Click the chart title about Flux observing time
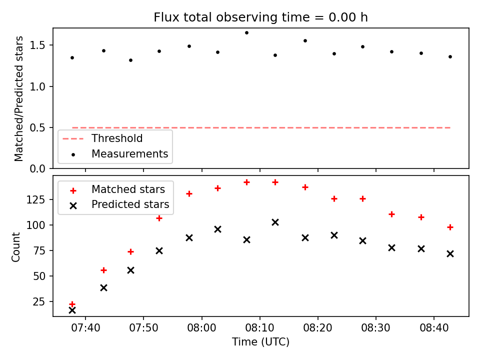point(260,17)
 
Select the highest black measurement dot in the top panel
point(246,33)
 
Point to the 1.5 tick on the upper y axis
point(37,45)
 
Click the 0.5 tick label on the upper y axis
point(37,127)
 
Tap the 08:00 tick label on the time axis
point(201,328)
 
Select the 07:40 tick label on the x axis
point(85,328)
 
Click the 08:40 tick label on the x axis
point(434,328)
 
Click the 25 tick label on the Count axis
point(39,302)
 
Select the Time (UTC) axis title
point(260,341)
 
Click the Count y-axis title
point(15,247)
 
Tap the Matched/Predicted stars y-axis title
point(18,98)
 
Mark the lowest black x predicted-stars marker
point(72,310)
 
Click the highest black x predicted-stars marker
point(275,222)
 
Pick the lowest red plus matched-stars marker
point(72,304)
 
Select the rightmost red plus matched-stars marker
point(450,227)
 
